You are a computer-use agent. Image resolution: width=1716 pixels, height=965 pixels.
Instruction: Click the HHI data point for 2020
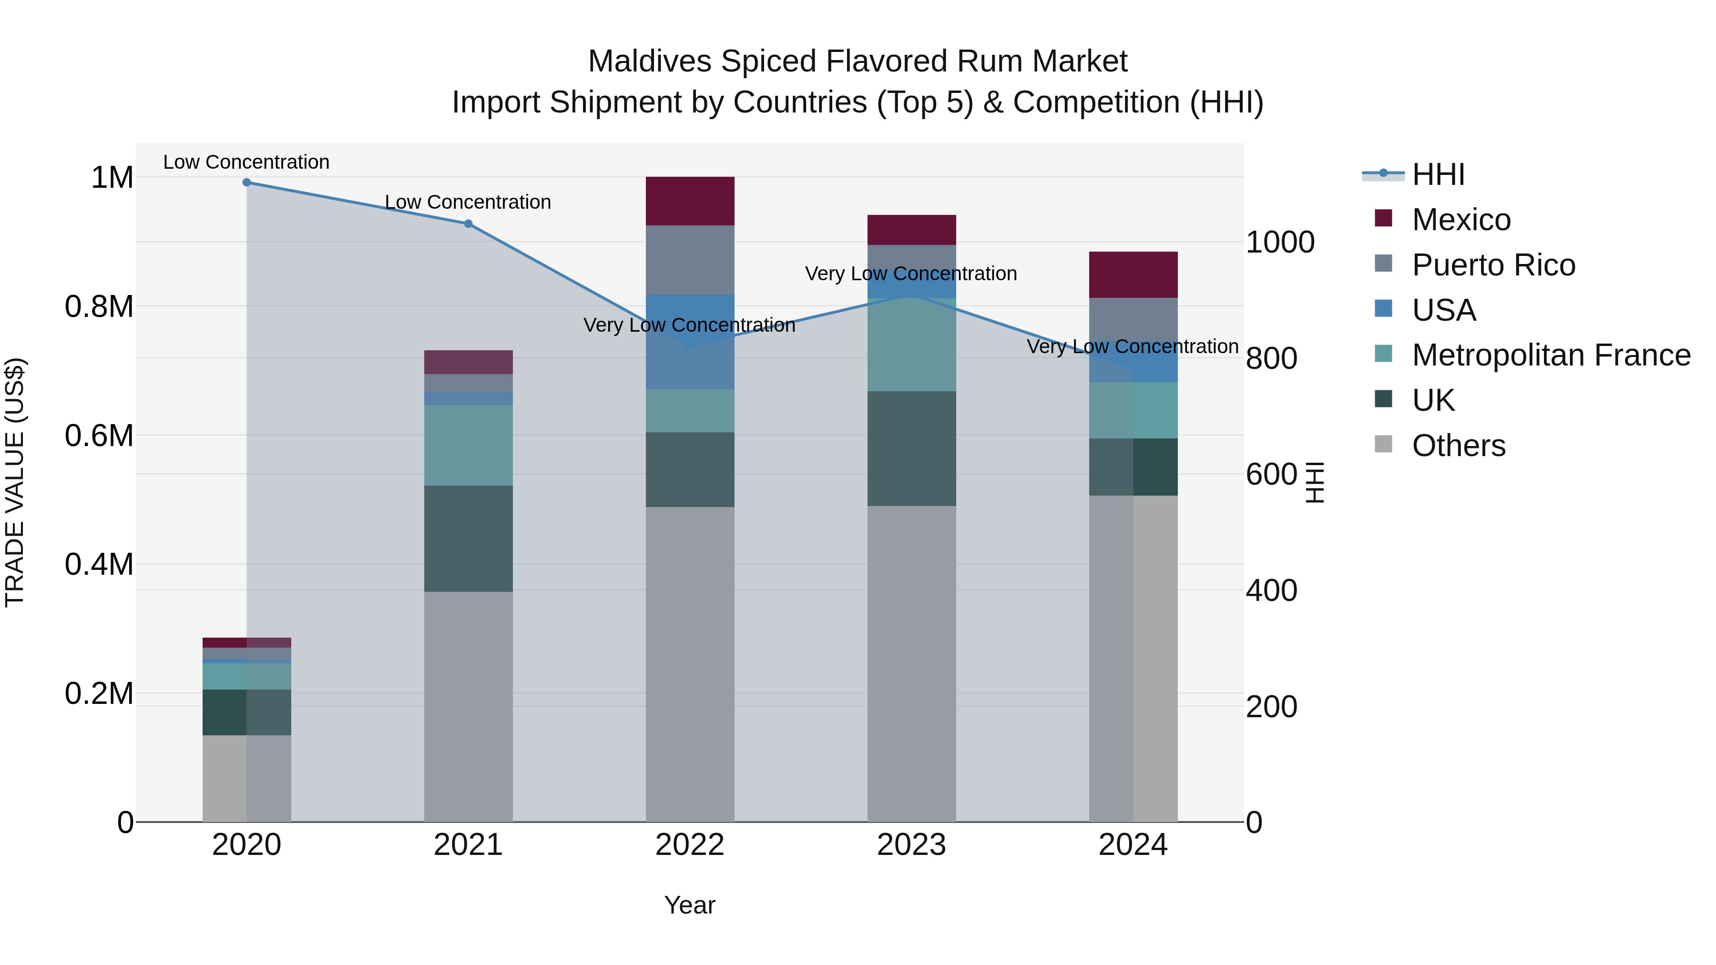(x=246, y=183)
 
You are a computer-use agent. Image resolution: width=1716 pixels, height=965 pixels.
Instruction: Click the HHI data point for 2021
(x=468, y=224)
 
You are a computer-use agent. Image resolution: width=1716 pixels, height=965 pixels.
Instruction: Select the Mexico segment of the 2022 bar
(x=690, y=201)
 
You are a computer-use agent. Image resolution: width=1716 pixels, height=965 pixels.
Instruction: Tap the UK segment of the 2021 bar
(x=468, y=538)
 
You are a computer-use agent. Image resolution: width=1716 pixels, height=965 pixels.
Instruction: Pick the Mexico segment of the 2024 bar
(x=1133, y=274)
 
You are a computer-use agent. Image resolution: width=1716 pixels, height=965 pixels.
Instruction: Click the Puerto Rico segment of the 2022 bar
(x=690, y=260)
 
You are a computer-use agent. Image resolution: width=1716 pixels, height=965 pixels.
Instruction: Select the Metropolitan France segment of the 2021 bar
(x=468, y=445)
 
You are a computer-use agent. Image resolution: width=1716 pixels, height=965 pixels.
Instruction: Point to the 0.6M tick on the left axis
(x=99, y=436)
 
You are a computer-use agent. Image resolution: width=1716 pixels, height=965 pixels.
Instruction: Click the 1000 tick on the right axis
(x=1280, y=243)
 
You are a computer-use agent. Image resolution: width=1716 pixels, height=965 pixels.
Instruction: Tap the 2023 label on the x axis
(x=911, y=845)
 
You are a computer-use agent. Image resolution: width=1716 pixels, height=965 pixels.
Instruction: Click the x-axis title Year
(x=689, y=905)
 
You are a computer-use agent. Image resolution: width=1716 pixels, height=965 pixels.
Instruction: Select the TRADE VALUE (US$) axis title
(x=15, y=482)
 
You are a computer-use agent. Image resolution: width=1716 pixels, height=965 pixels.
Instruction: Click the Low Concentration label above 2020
(x=246, y=162)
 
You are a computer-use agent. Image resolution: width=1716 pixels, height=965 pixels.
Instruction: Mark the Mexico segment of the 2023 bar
(x=911, y=230)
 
